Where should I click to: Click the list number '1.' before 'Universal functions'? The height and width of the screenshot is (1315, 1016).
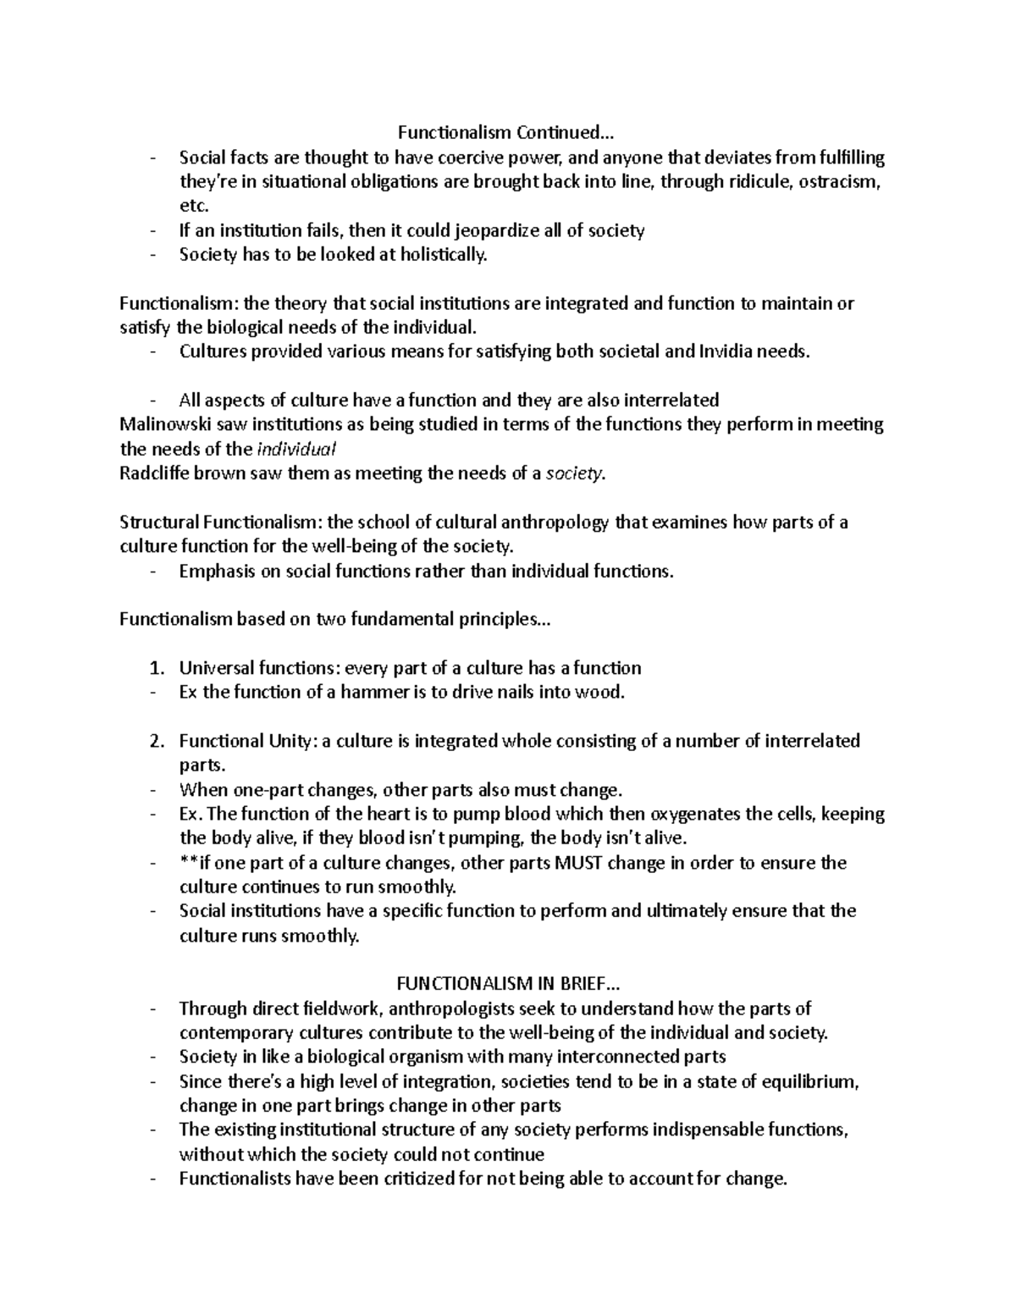pyautogui.click(x=156, y=668)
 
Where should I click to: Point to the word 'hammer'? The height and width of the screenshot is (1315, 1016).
pyautogui.click(x=367, y=693)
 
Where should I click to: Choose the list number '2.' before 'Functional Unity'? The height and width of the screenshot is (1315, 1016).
pyautogui.click(x=156, y=741)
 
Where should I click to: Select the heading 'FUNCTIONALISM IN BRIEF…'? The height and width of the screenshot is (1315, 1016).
pyautogui.click(x=508, y=984)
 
